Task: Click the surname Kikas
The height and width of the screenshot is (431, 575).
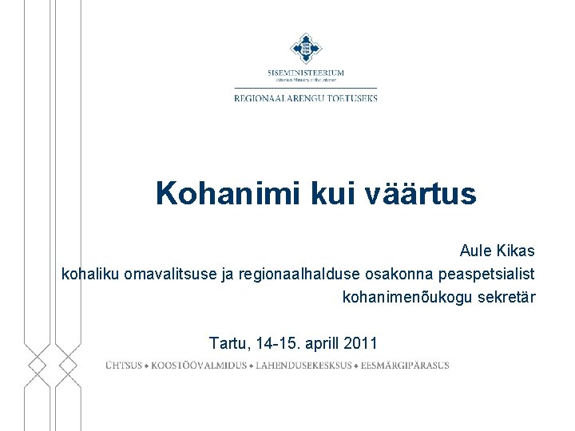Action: click(x=515, y=251)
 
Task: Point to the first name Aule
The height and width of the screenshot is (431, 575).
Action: click(x=476, y=251)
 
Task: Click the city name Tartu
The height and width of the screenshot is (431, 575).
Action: click(x=228, y=344)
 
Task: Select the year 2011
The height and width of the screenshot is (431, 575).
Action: click(x=361, y=344)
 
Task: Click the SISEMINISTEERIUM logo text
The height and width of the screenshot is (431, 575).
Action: click(x=306, y=73)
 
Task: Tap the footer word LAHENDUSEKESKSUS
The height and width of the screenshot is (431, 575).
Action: click(x=304, y=366)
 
